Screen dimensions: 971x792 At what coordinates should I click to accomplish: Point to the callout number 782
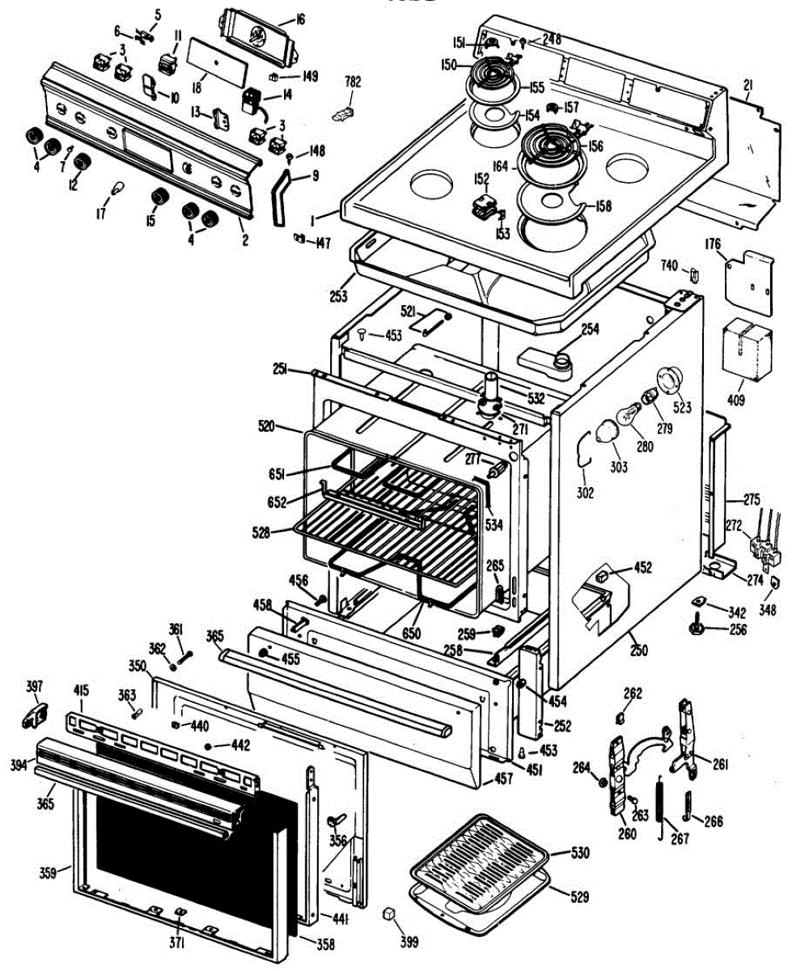354,82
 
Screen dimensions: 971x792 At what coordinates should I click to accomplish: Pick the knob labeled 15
160,197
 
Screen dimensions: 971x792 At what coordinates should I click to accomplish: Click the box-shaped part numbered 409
748,346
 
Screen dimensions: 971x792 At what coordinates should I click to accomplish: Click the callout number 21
748,86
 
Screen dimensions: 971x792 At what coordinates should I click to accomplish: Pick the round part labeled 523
671,380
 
